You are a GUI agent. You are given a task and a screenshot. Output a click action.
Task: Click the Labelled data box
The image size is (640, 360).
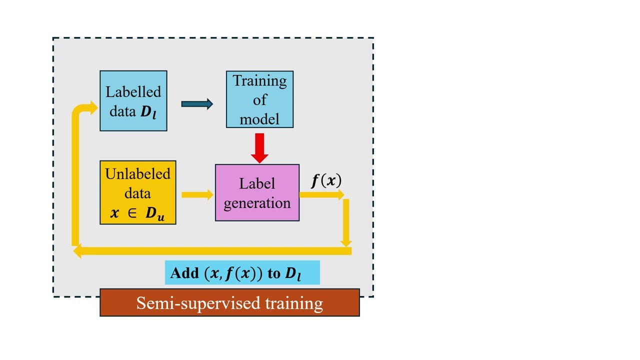click(x=133, y=100)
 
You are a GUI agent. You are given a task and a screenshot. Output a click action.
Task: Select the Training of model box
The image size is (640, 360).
click(x=259, y=99)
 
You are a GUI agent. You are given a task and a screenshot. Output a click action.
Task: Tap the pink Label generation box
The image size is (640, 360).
click(x=257, y=192)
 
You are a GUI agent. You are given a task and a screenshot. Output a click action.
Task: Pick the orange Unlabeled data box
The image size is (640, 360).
click(x=137, y=192)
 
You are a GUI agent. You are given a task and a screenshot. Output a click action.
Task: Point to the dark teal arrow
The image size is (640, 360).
click(x=197, y=104)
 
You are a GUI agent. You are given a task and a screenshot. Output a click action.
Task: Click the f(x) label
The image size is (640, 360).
click(x=326, y=180)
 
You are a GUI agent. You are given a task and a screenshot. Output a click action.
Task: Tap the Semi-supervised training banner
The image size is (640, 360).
click(x=229, y=303)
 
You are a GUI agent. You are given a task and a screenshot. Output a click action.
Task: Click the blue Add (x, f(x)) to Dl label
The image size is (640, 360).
click(x=242, y=273)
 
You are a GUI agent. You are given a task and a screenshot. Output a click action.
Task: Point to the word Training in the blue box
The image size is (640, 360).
click(x=259, y=80)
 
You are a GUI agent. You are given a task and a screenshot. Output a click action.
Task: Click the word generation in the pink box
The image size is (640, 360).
click(x=257, y=203)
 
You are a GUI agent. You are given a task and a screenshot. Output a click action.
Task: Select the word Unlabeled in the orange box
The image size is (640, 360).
click(x=137, y=174)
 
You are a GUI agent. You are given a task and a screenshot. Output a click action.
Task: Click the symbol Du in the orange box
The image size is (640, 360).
click(x=154, y=213)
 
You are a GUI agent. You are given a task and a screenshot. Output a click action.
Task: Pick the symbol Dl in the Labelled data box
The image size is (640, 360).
click(x=148, y=112)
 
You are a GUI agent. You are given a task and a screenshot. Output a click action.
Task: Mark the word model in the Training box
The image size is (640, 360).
click(x=259, y=119)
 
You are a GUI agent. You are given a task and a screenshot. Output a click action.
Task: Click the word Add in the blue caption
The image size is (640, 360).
click(x=184, y=273)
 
